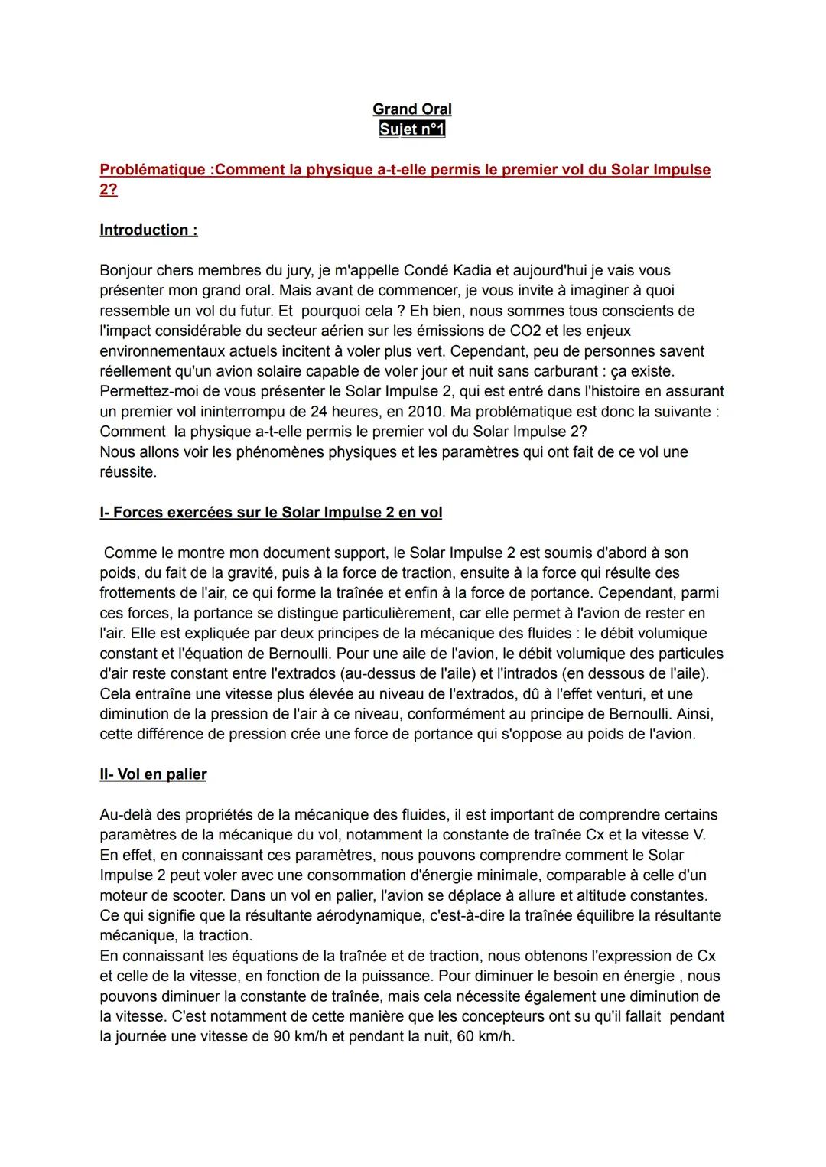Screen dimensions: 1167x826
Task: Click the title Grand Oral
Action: click(x=411, y=109)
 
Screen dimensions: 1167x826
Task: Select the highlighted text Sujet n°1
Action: click(x=411, y=129)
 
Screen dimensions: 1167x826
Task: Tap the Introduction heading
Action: click(x=148, y=230)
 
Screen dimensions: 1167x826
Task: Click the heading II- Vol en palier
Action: click(x=153, y=774)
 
